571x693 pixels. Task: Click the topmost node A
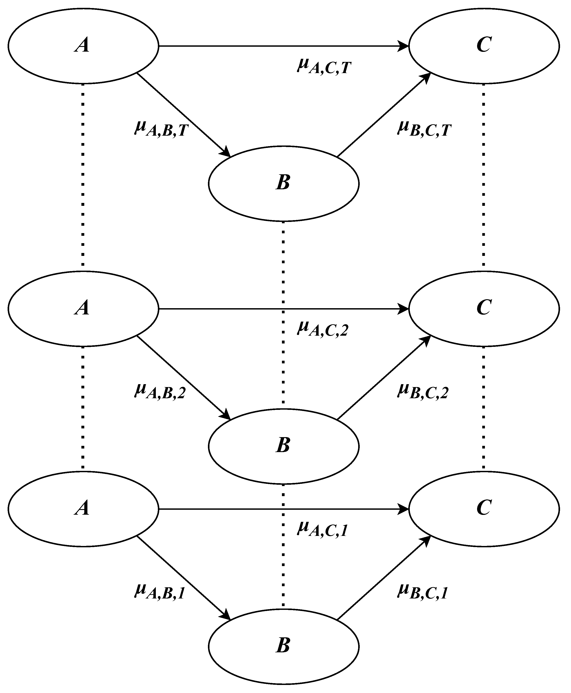coord(83,46)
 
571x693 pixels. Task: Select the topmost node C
coord(484,46)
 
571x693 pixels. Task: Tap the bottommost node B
coord(283,646)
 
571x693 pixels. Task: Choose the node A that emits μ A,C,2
coord(83,309)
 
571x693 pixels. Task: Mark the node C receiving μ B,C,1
coord(484,509)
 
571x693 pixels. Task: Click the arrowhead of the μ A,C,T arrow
coord(404,46)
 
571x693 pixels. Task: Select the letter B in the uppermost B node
coord(283,182)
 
